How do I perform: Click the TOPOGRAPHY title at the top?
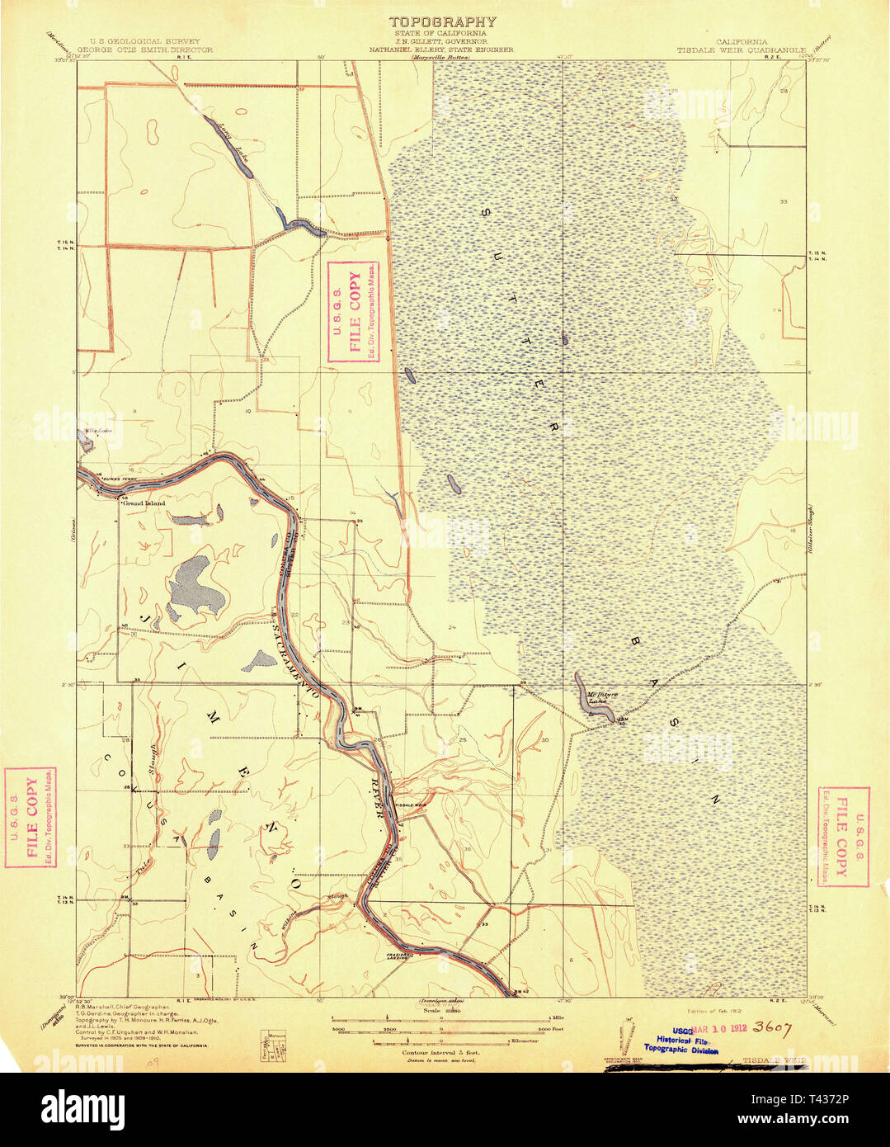443,22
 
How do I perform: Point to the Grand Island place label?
144,503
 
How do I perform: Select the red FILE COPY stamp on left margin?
31,818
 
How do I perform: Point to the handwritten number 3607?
771,1028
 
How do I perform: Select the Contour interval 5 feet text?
440,1053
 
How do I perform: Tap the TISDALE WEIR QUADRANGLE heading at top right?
741,50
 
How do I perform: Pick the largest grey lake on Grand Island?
197,583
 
